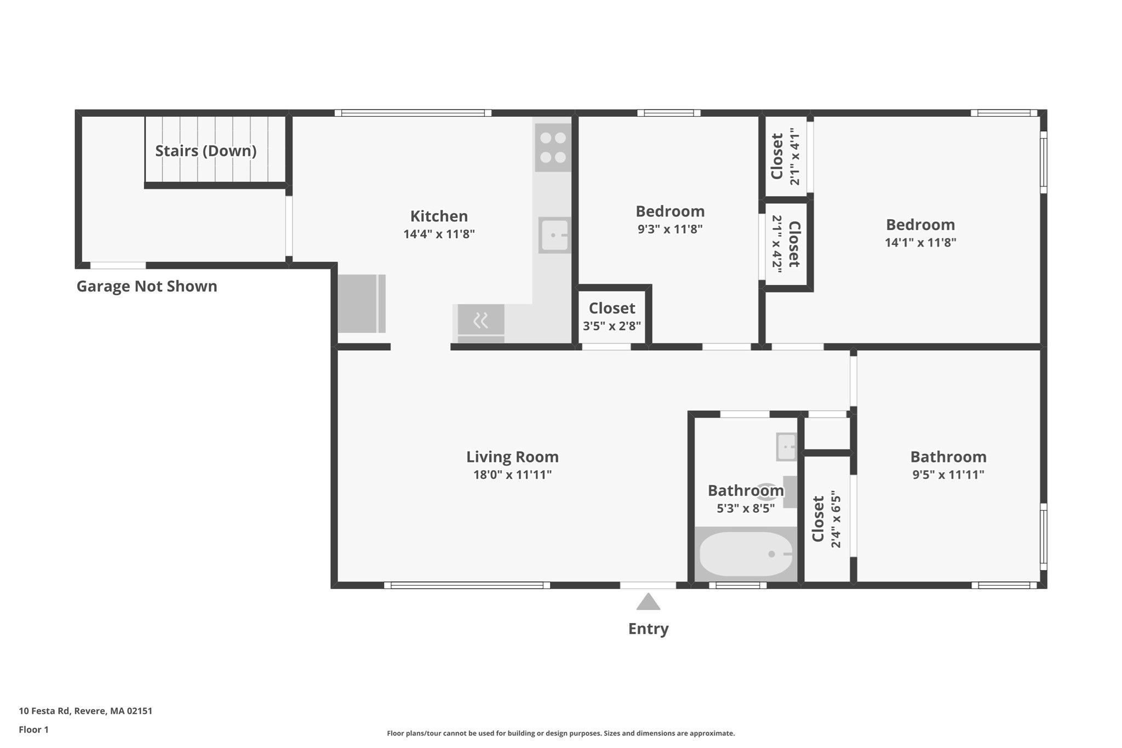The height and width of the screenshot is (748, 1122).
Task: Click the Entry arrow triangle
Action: pos(648,602)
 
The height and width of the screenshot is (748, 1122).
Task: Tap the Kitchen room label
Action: pos(439,216)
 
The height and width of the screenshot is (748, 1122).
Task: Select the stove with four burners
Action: pos(553,148)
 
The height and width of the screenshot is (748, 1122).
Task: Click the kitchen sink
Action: pos(554,235)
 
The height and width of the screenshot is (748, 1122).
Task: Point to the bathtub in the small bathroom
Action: pos(746,554)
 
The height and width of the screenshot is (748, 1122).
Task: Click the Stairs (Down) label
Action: pos(206,151)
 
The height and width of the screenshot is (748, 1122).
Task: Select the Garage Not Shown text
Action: pos(147,286)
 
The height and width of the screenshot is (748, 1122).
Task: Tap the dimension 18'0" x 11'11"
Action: pos(512,475)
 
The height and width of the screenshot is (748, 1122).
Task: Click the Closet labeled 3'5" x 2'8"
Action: pos(612,308)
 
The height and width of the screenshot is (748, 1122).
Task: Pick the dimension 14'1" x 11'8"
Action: pos(920,242)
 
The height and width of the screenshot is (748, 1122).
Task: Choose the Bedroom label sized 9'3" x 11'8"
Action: pos(670,211)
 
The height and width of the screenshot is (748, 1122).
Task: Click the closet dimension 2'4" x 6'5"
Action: pos(835,519)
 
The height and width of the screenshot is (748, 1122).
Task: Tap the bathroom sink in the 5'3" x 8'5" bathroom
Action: pos(786,447)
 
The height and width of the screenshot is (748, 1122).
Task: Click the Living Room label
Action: pos(512,456)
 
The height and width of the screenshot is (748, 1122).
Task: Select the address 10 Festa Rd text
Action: pos(85,711)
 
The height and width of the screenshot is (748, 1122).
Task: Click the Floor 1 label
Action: pos(33,729)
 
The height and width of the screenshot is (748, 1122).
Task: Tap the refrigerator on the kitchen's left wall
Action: pos(361,304)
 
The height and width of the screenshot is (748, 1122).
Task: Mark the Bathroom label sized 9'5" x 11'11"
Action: pos(948,456)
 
